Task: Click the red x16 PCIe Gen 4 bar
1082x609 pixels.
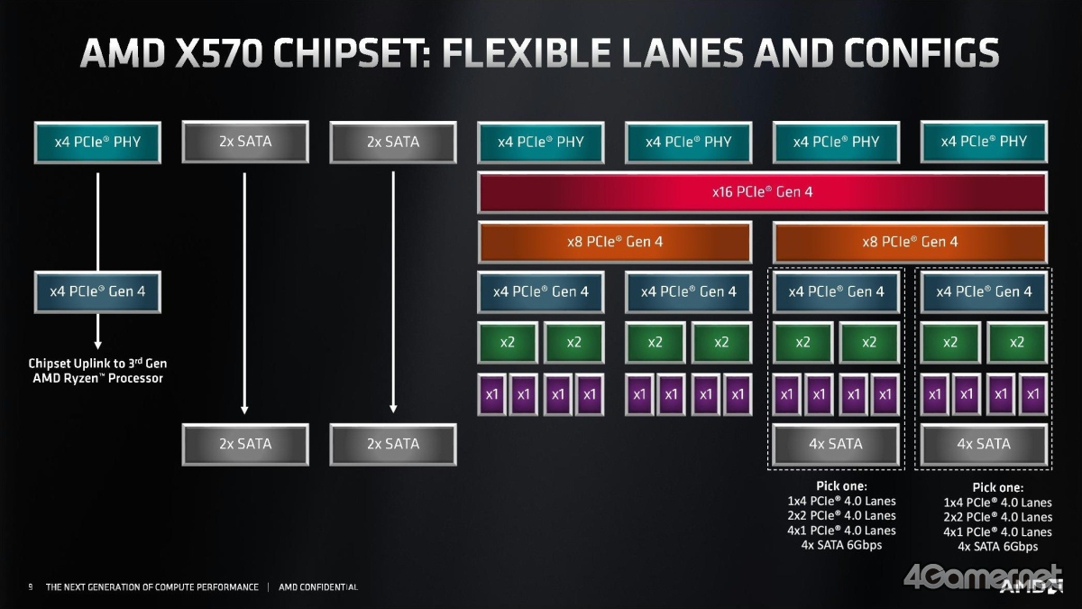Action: coord(762,192)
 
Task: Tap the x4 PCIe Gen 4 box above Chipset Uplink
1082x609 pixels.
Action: coord(97,291)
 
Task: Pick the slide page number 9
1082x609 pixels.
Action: coord(31,587)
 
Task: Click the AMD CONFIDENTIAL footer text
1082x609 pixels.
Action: coord(318,587)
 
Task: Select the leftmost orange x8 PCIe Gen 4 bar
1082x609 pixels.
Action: coord(614,242)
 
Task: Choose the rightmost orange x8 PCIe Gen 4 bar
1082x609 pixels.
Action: coord(910,242)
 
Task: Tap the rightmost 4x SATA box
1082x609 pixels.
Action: coord(983,444)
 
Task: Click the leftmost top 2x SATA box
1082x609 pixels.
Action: coord(245,142)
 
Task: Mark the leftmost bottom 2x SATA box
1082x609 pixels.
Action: coord(245,444)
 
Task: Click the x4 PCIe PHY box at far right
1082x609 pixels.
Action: coord(983,142)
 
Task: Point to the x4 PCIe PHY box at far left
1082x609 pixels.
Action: coord(97,142)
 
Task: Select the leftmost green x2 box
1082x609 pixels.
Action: coord(508,342)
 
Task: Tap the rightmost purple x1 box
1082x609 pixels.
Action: coord(1032,394)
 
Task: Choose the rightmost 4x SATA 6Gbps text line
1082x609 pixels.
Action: coord(997,547)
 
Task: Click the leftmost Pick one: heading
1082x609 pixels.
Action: coord(840,486)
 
